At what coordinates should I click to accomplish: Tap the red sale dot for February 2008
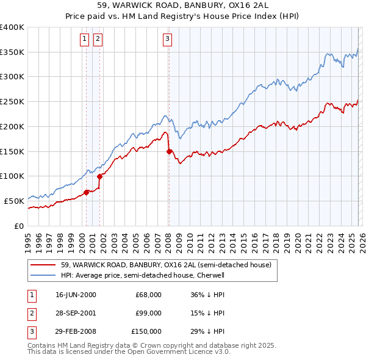tap(169, 151)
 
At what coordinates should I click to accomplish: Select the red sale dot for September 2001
tap(99, 176)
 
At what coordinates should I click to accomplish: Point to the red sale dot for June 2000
tap(86, 192)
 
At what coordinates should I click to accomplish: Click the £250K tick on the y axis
tap(12, 102)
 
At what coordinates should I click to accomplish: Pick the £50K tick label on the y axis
tap(13, 201)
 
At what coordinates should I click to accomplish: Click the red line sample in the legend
tap(44, 265)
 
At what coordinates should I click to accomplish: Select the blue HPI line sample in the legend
tap(44, 275)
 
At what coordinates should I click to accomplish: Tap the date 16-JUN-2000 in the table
tap(76, 295)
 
